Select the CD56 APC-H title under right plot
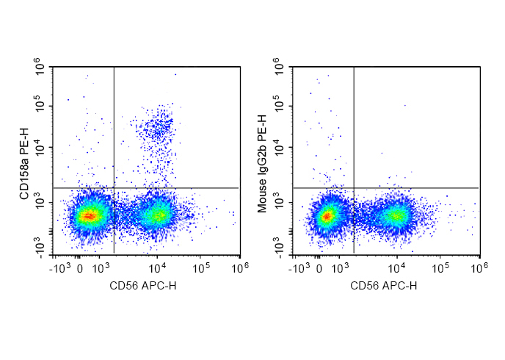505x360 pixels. click(383, 285)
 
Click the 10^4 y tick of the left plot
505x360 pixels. click(38, 148)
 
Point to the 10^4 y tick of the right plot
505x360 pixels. click(278, 148)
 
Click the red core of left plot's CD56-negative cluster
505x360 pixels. click(88, 215)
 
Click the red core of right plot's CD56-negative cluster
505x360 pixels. click(328, 215)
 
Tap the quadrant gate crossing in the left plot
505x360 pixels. click(114, 188)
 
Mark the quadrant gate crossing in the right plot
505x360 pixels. click(354, 188)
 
